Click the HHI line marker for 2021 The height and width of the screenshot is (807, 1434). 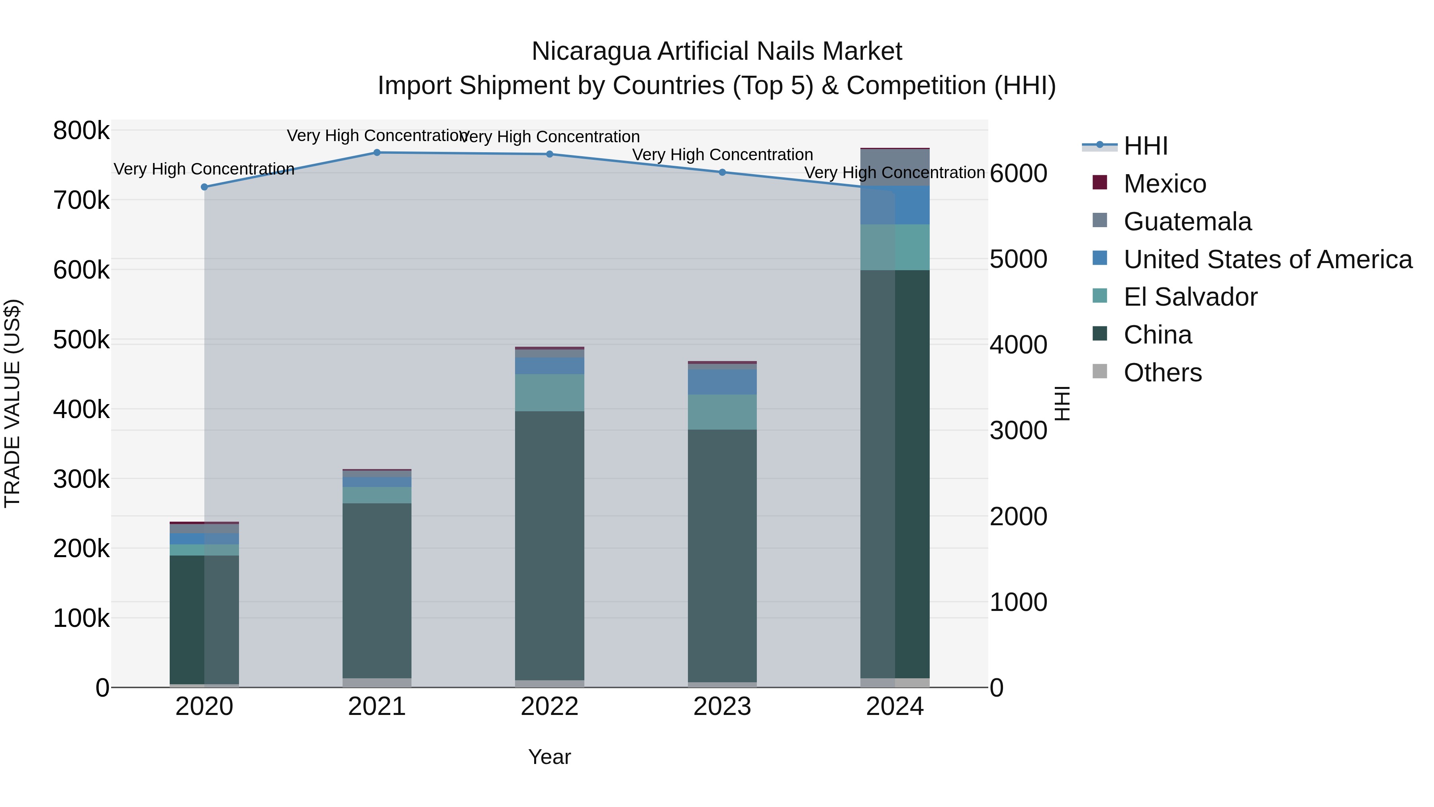[377, 153]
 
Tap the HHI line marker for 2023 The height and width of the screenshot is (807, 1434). [722, 172]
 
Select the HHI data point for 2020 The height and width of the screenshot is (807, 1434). [204, 187]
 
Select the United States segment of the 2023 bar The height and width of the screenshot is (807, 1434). [722, 382]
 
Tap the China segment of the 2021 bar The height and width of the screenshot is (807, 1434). [377, 590]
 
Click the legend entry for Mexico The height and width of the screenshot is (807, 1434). [1165, 184]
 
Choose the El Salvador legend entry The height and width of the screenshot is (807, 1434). [1190, 297]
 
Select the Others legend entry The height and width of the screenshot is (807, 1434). [1162, 373]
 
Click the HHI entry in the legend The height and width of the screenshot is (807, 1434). [1146, 146]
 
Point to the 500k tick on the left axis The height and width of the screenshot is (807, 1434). [81, 340]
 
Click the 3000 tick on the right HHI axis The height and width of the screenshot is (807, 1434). [1018, 430]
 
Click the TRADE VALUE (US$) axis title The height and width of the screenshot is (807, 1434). [12, 403]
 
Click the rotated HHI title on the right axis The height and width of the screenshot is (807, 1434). [1062, 403]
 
